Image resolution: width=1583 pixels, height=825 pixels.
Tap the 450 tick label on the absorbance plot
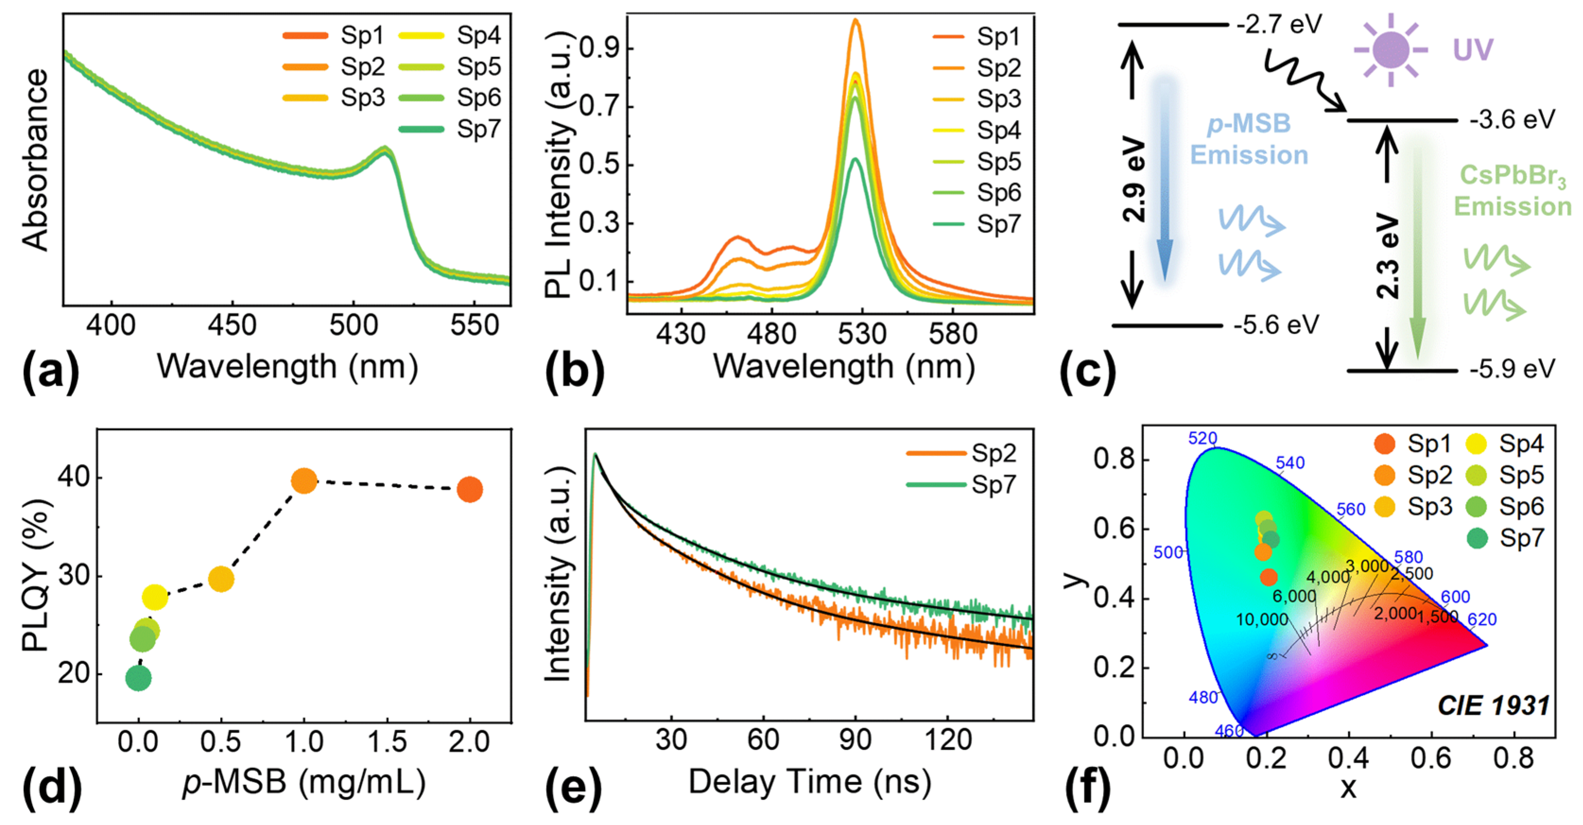pyautogui.click(x=232, y=326)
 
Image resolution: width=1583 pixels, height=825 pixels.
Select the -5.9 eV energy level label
pyautogui.click(x=1512, y=369)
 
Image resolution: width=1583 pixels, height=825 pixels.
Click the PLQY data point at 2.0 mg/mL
pyautogui.click(x=470, y=489)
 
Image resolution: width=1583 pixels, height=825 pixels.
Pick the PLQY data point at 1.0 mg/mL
pyautogui.click(x=303, y=481)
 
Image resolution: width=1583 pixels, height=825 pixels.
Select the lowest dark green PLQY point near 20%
pyautogui.click(x=138, y=678)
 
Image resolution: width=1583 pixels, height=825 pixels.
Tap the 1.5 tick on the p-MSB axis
pyautogui.click(x=387, y=742)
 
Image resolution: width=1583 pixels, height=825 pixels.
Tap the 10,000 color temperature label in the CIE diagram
pyautogui.click(x=1262, y=619)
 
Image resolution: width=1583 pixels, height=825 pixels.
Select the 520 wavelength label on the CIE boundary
pyautogui.click(x=1202, y=438)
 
